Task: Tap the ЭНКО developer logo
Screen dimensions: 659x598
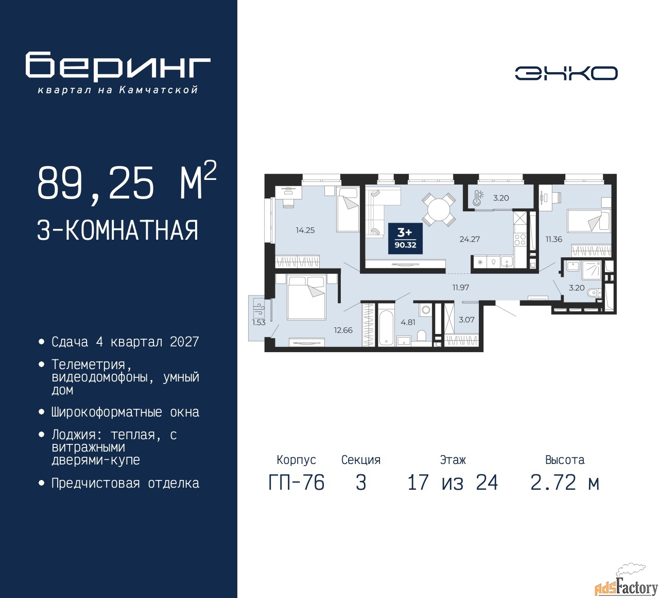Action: [x=566, y=73]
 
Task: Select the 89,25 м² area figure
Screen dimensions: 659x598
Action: [x=127, y=182]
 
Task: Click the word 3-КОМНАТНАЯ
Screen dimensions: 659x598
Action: [x=117, y=230]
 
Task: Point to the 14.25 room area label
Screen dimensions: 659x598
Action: [x=305, y=230]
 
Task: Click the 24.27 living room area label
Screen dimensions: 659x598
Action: [x=470, y=239]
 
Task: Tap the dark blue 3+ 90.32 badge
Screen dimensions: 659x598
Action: [x=405, y=239]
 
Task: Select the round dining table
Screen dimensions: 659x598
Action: [x=439, y=209]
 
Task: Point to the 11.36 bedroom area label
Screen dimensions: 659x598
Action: [x=554, y=239]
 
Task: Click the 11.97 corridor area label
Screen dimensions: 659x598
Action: [x=461, y=288]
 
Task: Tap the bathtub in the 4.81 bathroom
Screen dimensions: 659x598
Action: [x=386, y=324]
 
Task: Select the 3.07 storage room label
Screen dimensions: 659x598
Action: [x=466, y=320]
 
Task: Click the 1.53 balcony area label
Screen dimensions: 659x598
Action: [x=259, y=322]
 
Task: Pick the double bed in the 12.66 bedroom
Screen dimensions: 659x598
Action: [x=307, y=297]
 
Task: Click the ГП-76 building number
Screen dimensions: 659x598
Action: [x=297, y=483]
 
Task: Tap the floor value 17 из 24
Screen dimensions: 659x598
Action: [x=453, y=483]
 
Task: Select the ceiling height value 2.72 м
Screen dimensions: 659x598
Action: [x=565, y=483]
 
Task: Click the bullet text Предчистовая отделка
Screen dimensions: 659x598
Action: [x=125, y=484]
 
